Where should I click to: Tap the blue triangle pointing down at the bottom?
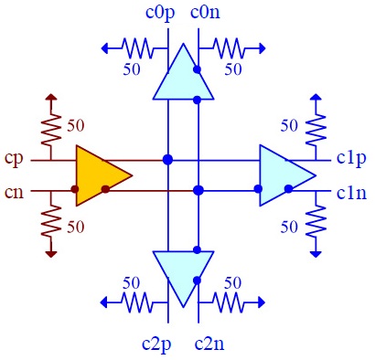(x=183, y=274)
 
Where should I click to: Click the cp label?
(x=16, y=158)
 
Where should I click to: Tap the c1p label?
(x=351, y=158)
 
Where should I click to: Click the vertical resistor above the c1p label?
(x=316, y=127)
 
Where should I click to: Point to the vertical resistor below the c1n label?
(x=316, y=222)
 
